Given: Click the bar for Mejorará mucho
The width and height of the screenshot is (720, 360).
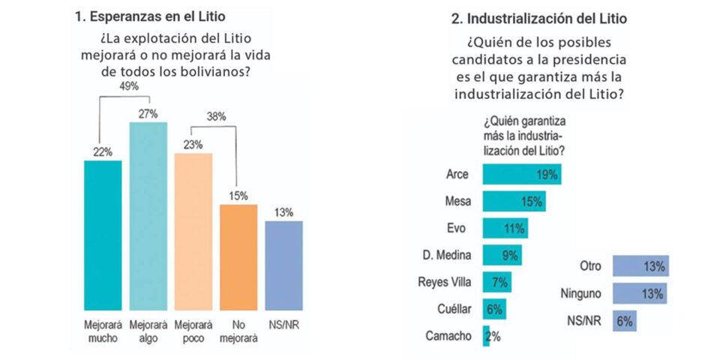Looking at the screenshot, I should [102, 235].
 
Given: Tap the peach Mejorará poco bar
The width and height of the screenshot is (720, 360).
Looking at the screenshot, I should [193, 232].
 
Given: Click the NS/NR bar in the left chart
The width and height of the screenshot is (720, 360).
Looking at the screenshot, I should [283, 265].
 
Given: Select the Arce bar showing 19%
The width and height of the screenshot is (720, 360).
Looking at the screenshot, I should [521, 174].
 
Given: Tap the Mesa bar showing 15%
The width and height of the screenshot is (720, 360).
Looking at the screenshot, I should [514, 201].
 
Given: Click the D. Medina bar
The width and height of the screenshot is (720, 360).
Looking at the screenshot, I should [502, 255].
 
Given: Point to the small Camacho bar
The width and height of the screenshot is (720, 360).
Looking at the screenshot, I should [486, 335].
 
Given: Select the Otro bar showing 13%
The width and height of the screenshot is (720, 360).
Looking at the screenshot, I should [640, 265].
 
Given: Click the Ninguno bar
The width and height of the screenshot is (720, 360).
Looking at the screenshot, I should [640, 293].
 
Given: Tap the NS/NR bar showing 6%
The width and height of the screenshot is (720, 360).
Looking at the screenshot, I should [625, 320].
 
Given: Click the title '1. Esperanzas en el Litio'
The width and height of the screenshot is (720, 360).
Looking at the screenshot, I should [150, 15].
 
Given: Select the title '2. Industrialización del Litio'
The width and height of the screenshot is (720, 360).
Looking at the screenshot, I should [537, 17].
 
